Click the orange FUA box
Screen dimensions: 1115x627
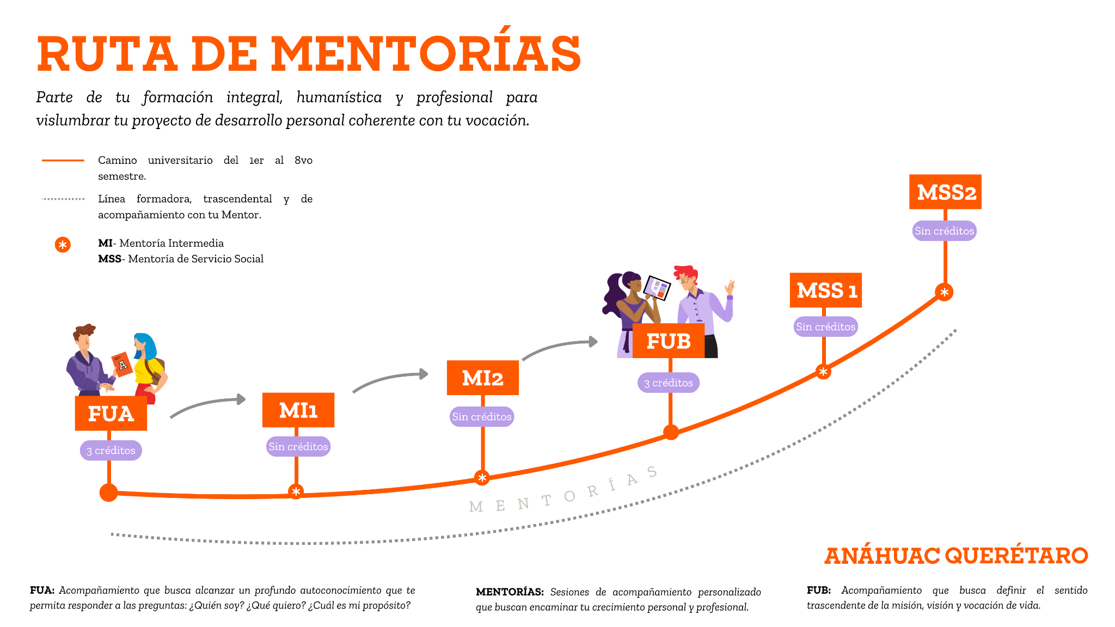click(x=111, y=413)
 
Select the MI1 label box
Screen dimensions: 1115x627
click(x=298, y=410)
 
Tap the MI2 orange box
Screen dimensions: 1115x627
click(x=483, y=378)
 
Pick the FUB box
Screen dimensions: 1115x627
click(x=669, y=341)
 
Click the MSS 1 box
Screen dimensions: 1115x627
click(x=826, y=290)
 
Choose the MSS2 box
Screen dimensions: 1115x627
click(x=946, y=192)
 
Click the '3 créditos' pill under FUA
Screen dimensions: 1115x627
click(x=111, y=451)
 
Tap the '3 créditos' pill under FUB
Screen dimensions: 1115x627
click(x=669, y=383)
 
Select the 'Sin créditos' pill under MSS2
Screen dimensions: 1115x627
click(x=945, y=231)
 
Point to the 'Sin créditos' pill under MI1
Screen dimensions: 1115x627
click(x=298, y=446)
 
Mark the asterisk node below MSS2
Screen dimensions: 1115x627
click(x=945, y=292)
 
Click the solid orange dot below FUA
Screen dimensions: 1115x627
click(x=109, y=493)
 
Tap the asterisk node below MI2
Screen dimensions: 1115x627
click(x=482, y=478)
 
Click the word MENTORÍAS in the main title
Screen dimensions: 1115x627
click(x=426, y=53)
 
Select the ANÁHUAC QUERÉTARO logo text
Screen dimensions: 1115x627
click(x=956, y=556)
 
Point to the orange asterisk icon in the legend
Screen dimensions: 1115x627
click(x=63, y=245)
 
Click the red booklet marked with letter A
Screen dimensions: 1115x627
click(x=122, y=365)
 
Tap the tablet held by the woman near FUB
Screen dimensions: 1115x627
click(x=657, y=287)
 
